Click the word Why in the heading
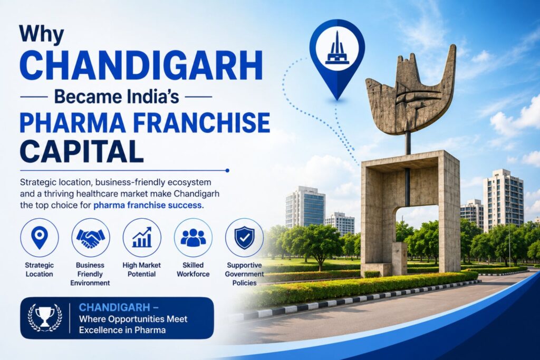pyautogui.click(x=41, y=34)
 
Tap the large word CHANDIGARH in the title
pyautogui.click(x=141, y=66)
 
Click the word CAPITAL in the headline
pyautogui.click(x=81, y=151)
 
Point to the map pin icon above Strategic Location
pyautogui.click(x=39, y=238)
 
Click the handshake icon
pyautogui.click(x=91, y=238)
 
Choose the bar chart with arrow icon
pyautogui.click(x=142, y=237)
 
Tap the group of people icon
pyautogui.click(x=193, y=238)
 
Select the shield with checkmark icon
pyautogui.click(x=245, y=238)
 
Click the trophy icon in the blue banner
pyautogui.click(x=45, y=317)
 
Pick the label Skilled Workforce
pyautogui.click(x=193, y=269)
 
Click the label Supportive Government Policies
pyautogui.click(x=245, y=274)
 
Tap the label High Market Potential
pyautogui.click(x=141, y=269)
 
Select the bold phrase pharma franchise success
pyautogui.click(x=148, y=205)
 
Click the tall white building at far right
pyautogui.click(x=503, y=200)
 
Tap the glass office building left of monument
pyautogui.click(x=305, y=207)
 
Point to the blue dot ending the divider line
pyautogui.click(x=227, y=170)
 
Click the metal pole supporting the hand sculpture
pyautogui.click(x=408, y=142)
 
